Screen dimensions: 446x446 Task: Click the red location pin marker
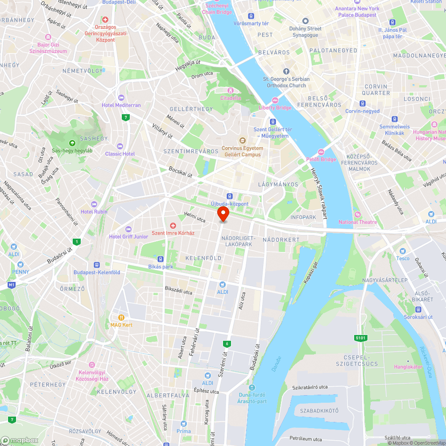(x=223, y=214)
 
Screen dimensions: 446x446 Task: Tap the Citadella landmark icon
(x=231, y=91)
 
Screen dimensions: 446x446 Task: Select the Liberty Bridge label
(x=275, y=107)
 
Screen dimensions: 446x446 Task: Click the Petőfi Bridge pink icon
(x=321, y=152)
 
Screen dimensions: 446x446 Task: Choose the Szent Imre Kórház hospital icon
(x=173, y=226)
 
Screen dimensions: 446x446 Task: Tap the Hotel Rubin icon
(x=94, y=204)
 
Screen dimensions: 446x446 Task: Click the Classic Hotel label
(x=120, y=154)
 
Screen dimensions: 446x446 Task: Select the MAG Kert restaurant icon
(x=121, y=317)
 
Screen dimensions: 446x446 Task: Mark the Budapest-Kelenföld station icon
(x=97, y=265)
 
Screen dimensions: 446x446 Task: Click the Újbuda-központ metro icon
(x=230, y=196)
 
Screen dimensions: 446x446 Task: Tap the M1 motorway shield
(x=11, y=285)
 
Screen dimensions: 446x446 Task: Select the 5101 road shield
(x=361, y=338)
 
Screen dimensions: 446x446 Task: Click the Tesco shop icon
(x=403, y=251)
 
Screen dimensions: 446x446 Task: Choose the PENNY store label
(x=21, y=272)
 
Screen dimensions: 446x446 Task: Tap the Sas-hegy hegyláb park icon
(x=72, y=143)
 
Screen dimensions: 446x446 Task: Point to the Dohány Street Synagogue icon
(x=306, y=21)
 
